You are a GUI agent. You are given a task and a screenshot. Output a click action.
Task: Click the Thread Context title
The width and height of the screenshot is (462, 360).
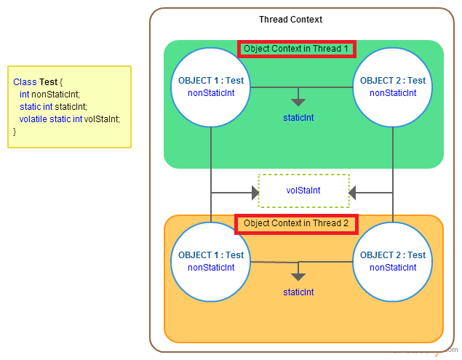(x=290, y=20)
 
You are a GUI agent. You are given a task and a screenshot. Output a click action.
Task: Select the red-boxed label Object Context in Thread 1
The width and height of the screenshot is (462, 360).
(x=296, y=49)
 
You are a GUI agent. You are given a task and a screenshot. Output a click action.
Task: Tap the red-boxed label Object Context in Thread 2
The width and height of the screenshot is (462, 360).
(x=296, y=223)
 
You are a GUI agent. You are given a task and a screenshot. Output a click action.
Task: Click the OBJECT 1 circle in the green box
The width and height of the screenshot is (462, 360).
(x=211, y=87)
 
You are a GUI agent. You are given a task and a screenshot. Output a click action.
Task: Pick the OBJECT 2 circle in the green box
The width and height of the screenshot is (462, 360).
(x=393, y=87)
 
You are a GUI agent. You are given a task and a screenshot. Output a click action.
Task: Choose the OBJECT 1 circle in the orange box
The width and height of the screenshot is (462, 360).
(x=211, y=261)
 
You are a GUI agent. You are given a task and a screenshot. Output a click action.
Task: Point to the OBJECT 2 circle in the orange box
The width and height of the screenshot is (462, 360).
(x=393, y=261)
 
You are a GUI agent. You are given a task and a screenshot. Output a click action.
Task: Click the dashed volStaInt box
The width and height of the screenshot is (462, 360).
(x=303, y=191)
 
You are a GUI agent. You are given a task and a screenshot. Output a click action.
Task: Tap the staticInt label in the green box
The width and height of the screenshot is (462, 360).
(x=298, y=118)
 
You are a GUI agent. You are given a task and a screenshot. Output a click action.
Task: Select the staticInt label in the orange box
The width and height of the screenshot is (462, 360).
(x=298, y=292)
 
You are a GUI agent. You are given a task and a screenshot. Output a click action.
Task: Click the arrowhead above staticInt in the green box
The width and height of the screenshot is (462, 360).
(x=298, y=102)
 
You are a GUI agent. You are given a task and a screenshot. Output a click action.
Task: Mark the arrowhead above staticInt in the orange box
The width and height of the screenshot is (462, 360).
(x=298, y=276)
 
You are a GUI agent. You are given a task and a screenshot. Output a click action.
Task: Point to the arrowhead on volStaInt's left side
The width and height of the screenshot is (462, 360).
(x=255, y=193)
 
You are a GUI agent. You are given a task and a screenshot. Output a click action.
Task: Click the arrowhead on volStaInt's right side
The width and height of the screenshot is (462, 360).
(x=353, y=193)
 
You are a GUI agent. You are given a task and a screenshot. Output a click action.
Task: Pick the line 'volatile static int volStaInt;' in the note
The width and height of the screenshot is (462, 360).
(x=69, y=119)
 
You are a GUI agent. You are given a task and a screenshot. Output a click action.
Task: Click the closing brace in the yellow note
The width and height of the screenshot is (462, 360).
(x=15, y=131)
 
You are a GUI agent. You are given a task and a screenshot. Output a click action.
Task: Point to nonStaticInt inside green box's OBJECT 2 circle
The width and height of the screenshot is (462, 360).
(x=393, y=93)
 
